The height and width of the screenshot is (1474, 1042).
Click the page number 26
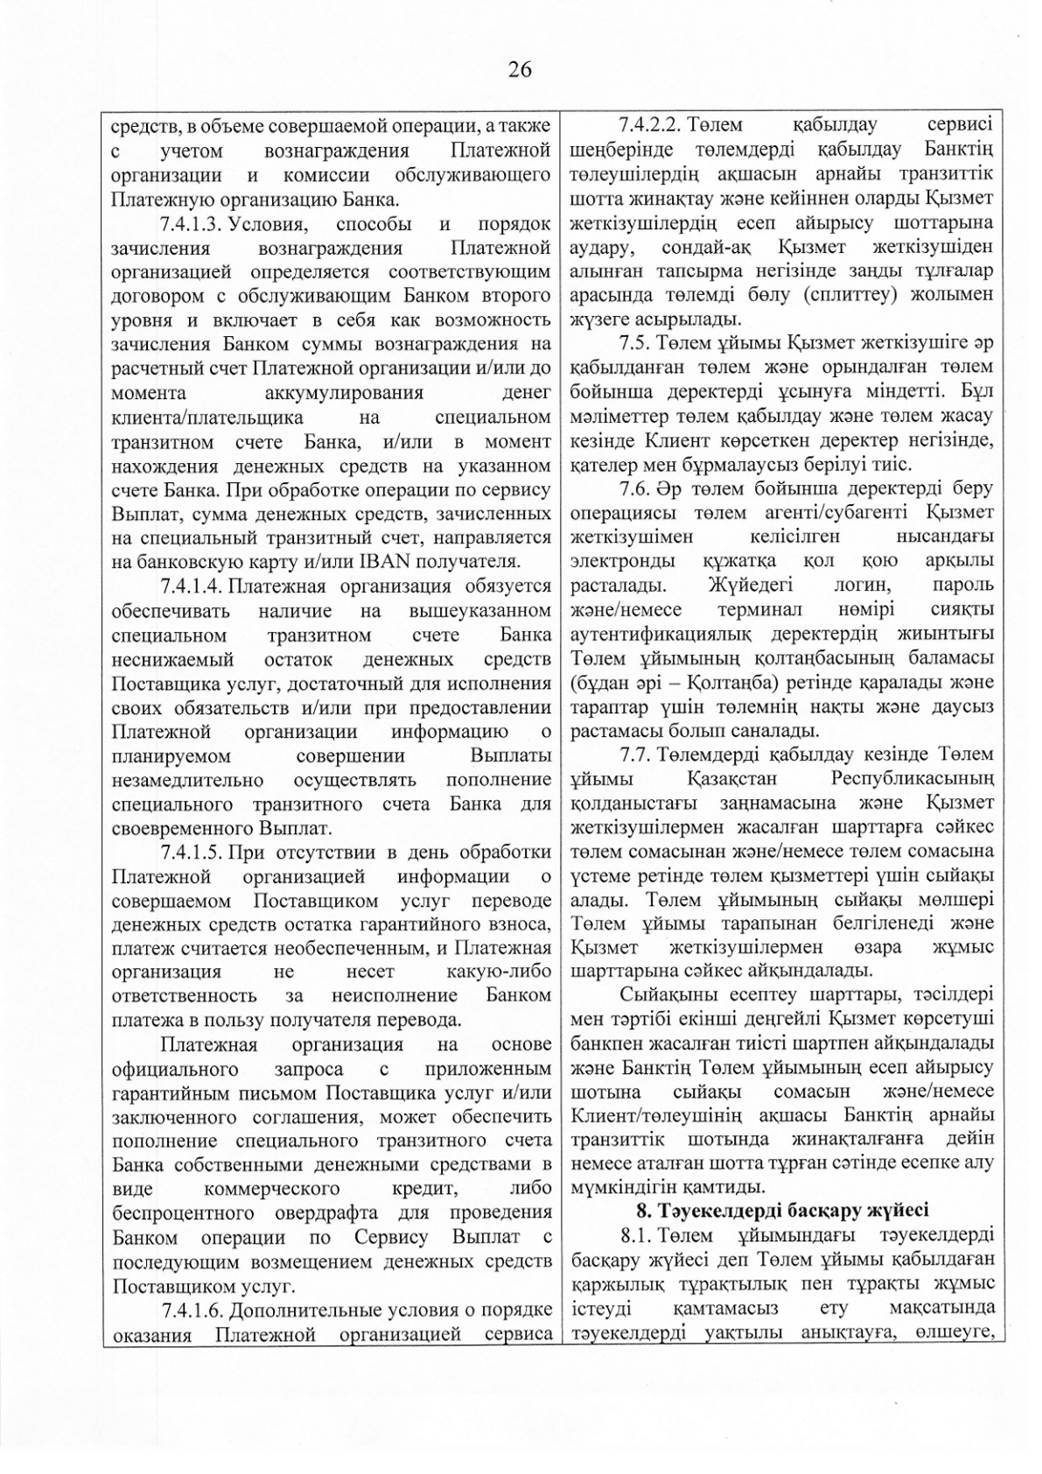tap(520, 69)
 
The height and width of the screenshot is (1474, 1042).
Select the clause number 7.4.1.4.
tap(194, 586)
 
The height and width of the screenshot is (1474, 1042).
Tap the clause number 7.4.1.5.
tap(194, 852)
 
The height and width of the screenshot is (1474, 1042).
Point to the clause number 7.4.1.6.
tap(194, 1309)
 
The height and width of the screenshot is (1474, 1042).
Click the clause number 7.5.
tap(633, 342)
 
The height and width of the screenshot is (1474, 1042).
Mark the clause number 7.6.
tap(633, 488)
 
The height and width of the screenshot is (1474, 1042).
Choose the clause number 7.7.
tap(633, 754)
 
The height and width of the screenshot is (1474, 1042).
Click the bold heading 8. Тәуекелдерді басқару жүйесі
tap(781, 1211)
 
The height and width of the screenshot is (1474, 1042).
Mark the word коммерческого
tap(271, 1189)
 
